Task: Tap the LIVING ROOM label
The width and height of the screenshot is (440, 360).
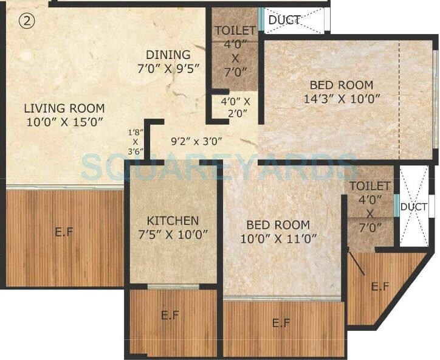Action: click(x=64, y=108)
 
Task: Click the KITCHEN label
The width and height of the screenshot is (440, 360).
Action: click(x=173, y=220)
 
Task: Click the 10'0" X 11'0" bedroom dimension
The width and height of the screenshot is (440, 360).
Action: click(x=280, y=238)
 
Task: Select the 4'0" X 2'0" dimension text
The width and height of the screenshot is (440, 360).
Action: click(x=235, y=107)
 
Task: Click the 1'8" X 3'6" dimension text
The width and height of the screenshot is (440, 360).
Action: click(x=135, y=141)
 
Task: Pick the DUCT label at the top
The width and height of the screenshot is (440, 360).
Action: click(x=284, y=20)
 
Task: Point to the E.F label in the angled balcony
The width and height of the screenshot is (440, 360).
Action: click(x=380, y=286)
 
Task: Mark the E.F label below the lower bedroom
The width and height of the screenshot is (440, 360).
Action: click(x=281, y=323)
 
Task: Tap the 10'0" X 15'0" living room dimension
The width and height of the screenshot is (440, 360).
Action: click(x=64, y=121)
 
